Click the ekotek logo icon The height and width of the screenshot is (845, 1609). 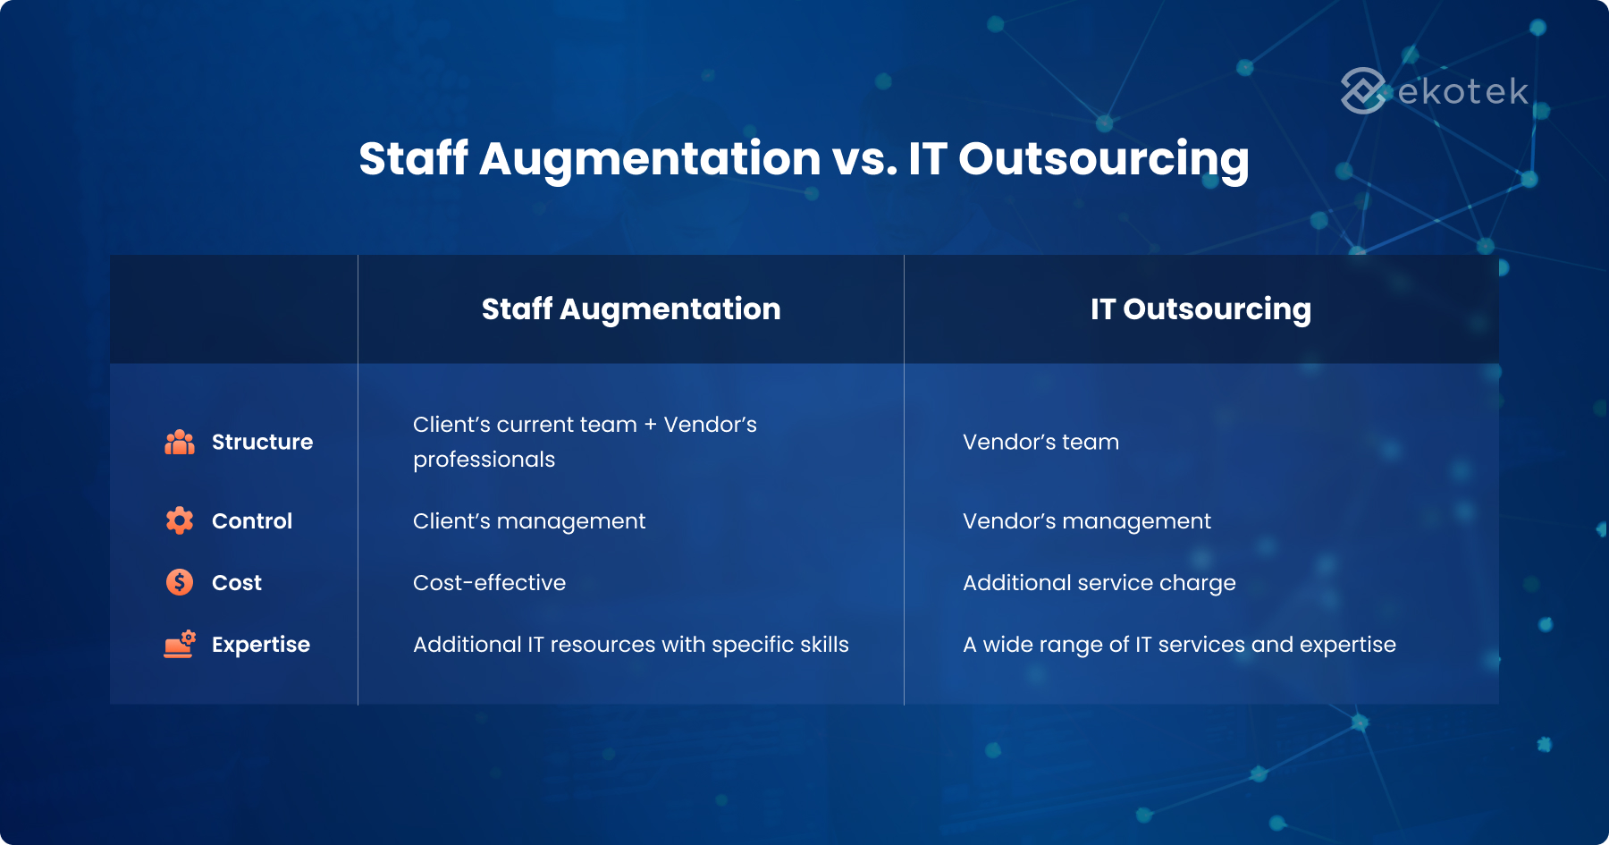coord(1365,91)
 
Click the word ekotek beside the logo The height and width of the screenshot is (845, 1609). coord(1463,91)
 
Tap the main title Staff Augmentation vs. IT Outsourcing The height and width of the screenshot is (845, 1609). coord(804,159)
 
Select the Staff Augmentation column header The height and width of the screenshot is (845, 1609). coord(631,309)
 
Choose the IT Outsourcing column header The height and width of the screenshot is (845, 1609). coord(1200,309)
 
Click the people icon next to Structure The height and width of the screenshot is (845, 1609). coord(180,442)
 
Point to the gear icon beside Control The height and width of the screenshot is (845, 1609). coord(180,520)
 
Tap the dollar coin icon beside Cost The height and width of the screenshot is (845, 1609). coord(180,582)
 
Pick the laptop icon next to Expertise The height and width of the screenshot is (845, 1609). coord(180,644)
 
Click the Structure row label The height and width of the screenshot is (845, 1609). coord(262,442)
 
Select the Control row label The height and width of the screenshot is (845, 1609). coord(252,521)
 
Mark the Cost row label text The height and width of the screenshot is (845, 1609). coord(237,583)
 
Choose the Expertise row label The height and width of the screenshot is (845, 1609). coord(261,645)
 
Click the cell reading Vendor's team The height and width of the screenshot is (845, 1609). coord(1040,442)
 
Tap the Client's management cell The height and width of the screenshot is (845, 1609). coord(529,521)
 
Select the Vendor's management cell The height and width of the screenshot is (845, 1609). coord(1087,521)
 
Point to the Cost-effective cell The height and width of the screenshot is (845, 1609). coord(489,583)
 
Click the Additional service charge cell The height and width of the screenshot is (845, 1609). coord(1099,583)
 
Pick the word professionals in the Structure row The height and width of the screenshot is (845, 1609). coord(484,460)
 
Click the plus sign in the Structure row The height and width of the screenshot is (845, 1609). coord(650,425)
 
